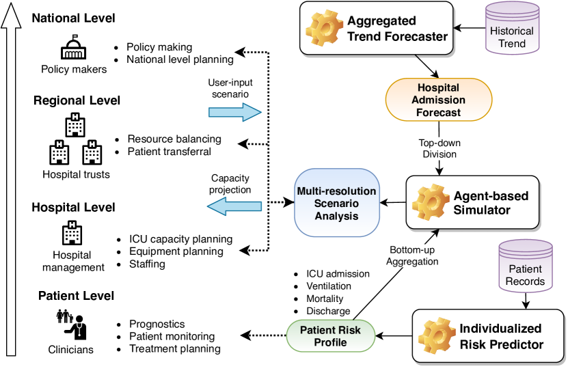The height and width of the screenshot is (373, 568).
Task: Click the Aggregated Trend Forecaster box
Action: coord(377,28)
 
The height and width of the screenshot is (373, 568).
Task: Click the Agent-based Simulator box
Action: coord(472,203)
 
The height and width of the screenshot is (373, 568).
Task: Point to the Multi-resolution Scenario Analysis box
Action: coord(337,203)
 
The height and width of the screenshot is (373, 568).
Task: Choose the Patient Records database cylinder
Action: coord(524,267)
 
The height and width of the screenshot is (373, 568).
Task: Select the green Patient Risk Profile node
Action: coord(331,335)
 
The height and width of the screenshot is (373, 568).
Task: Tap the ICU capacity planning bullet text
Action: coord(180,239)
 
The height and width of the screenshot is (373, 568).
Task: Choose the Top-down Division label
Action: coord(438,149)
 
